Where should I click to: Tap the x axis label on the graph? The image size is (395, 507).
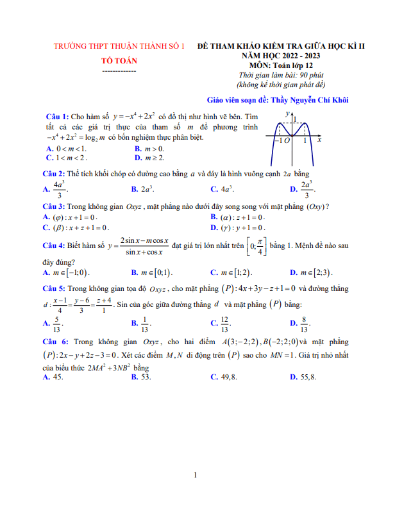point(319,138)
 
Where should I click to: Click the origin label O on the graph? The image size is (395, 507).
point(287,140)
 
